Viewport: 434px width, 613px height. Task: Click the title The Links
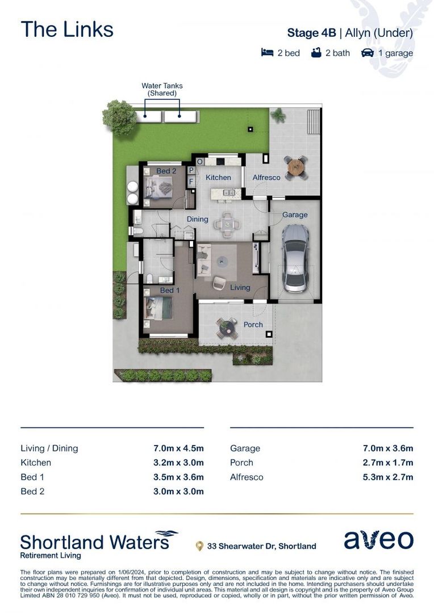pos(67,30)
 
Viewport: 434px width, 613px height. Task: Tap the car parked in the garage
pos(297,258)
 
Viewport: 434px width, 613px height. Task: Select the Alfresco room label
pos(266,178)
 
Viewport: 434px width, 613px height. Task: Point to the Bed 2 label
pos(166,171)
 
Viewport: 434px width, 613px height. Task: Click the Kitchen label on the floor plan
pos(218,178)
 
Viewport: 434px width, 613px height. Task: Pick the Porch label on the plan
pos(253,325)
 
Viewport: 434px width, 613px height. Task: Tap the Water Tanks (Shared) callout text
pos(162,89)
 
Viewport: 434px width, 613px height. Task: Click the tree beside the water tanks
pos(120,117)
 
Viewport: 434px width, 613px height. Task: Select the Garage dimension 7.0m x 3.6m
pos(389,448)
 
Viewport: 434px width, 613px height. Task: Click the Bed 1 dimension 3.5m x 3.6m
pos(179,477)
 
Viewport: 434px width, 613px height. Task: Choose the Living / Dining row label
pos(49,448)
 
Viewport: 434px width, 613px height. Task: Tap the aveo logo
pos(378,540)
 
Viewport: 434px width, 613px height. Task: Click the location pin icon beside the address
pos(199,546)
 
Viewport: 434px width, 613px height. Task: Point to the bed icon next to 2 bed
pos(267,53)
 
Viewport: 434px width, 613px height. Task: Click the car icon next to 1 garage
pos(368,53)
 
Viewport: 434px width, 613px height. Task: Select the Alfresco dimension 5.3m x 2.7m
pos(389,477)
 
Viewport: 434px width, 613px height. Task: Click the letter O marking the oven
pos(200,162)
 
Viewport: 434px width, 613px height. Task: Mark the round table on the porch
pos(227,326)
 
